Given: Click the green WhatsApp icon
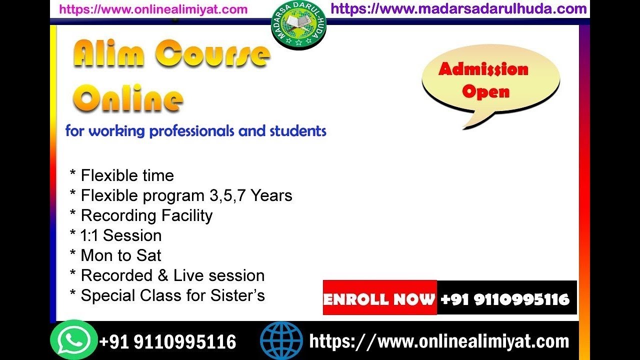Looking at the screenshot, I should click(73, 340).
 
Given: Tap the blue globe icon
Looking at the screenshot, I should click(281, 341).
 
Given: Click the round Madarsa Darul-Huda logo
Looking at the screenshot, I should click(298, 25).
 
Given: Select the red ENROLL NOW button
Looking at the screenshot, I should click(379, 298).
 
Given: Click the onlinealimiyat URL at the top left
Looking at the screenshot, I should click(153, 9).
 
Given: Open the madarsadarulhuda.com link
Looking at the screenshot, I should click(458, 8).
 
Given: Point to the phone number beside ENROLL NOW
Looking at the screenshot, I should click(505, 299).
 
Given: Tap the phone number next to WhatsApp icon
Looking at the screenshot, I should click(167, 342).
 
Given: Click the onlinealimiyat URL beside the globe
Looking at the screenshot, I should click(439, 341).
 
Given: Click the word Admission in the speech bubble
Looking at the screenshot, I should click(483, 69).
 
